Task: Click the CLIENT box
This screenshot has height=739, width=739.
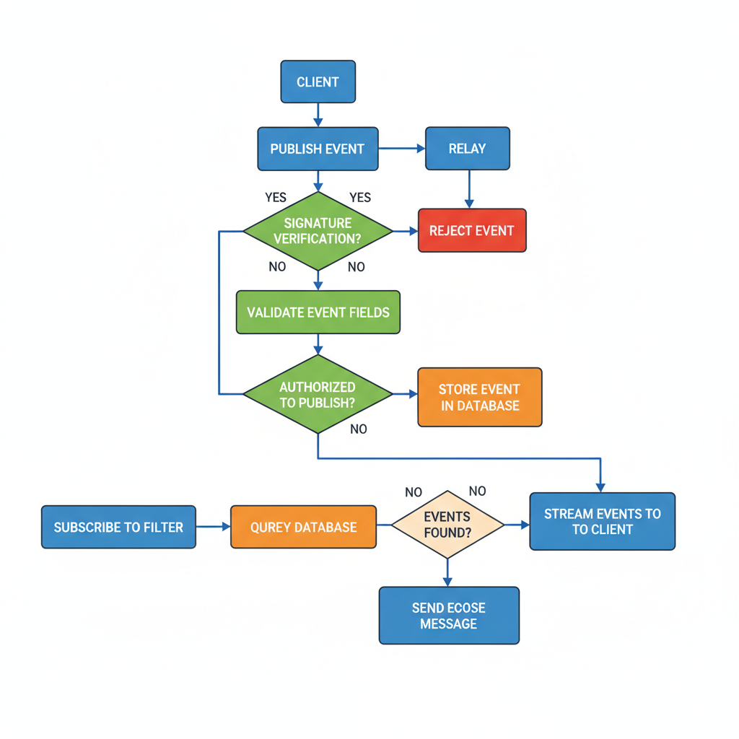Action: [x=318, y=82]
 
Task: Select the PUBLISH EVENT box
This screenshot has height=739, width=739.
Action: [x=318, y=149]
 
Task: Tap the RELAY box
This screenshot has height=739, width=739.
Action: [x=467, y=149]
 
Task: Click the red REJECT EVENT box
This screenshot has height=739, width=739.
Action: [x=472, y=231]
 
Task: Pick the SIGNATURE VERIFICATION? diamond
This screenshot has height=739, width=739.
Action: [x=318, y=231]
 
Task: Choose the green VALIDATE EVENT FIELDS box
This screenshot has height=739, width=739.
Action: [x=318, y=312]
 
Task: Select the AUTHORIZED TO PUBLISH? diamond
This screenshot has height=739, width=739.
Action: [x=318, y=394]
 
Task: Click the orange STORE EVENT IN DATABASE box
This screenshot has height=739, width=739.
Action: [x=479, y=397]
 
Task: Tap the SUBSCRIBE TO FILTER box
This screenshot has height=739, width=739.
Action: [x=118, y=527]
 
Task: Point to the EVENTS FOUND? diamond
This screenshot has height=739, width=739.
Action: [x=447, y=525]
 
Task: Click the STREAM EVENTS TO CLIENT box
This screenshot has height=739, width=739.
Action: [x=602, y=522]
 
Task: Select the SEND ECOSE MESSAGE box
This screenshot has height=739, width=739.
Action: [x=449, y=615]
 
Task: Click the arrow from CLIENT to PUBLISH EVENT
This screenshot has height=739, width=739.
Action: [x=318, y=114]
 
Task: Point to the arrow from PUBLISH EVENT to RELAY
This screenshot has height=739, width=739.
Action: [x=401, y=149]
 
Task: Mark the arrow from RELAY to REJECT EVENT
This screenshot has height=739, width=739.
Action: [x=469, y=189]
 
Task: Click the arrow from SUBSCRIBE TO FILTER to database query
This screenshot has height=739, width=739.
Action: [x=213, y=527]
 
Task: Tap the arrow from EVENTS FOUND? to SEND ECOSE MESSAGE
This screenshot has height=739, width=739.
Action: [x=447, y=572]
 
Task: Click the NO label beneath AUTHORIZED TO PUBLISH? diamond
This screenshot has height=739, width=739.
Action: [x=359, y=429]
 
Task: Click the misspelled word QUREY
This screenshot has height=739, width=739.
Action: [x=273, y=528]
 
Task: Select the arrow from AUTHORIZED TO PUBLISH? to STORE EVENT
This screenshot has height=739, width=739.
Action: [x=405, y=394]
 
